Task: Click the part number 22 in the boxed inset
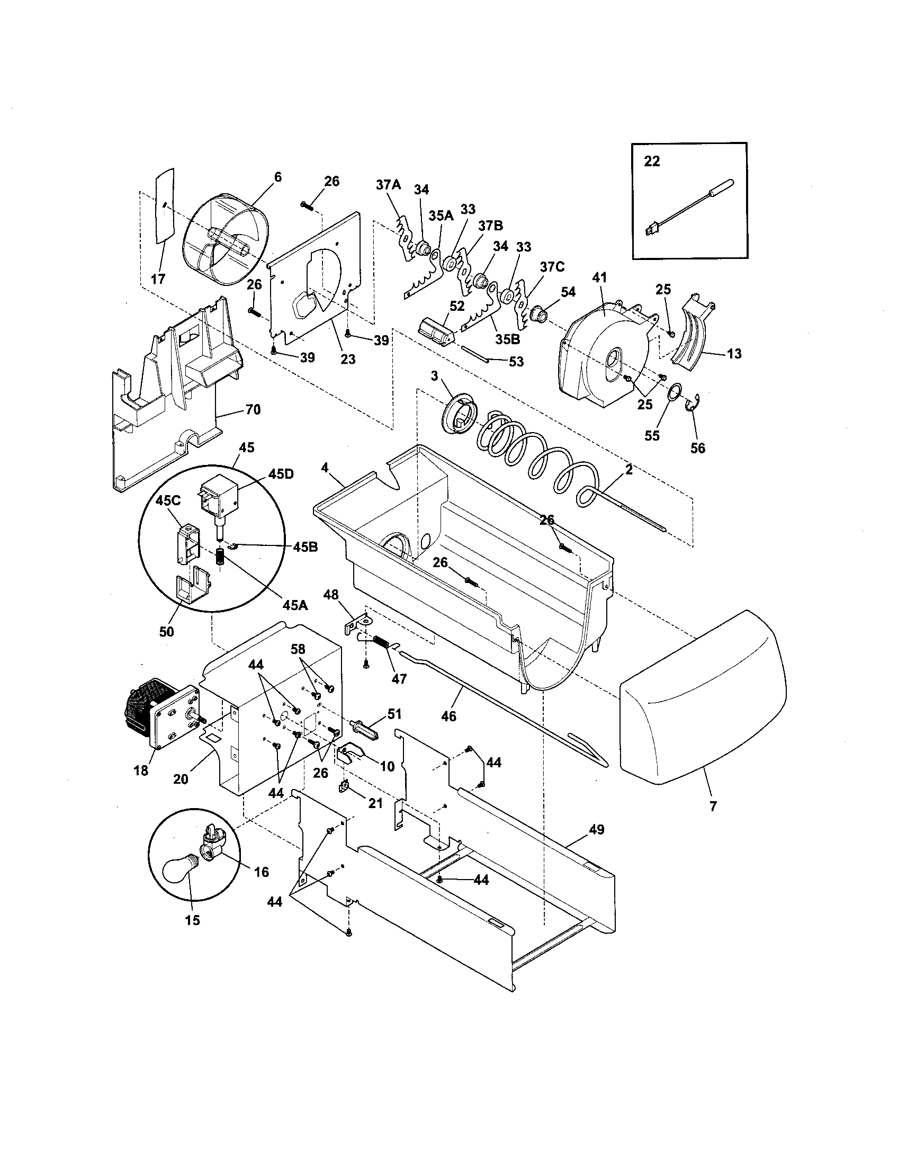(652, 161)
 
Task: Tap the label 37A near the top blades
(388, 185)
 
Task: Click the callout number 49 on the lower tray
(597, 829)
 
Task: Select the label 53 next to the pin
(516, 361)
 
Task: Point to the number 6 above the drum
(278, 177)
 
